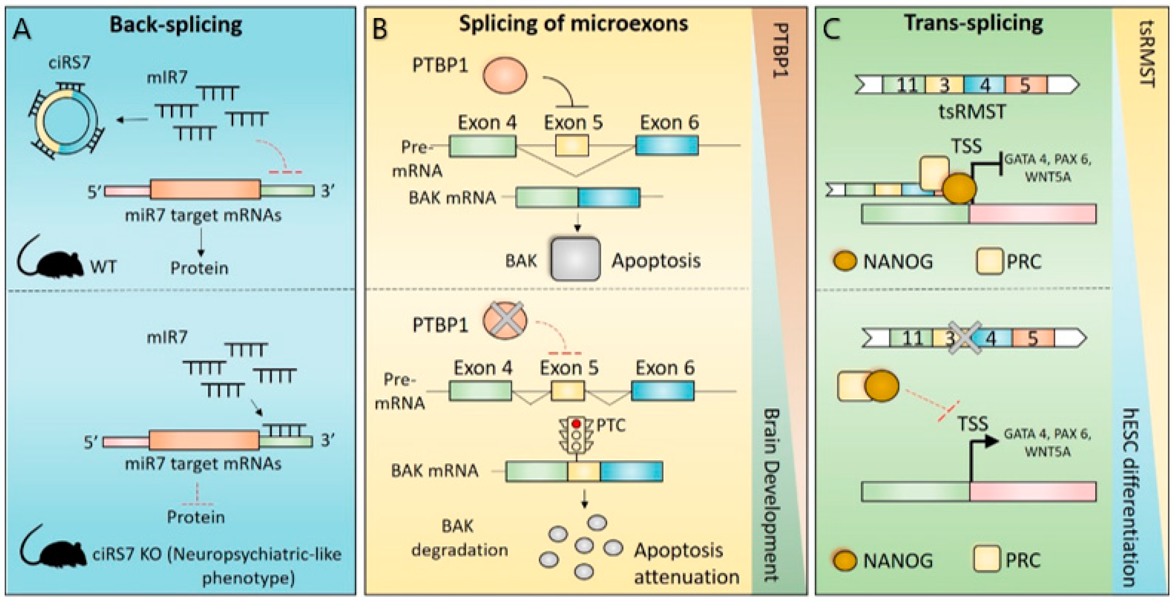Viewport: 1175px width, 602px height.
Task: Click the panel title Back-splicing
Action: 176,25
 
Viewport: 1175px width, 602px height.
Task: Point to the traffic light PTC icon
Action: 576,435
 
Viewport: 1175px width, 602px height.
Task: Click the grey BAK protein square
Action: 575,259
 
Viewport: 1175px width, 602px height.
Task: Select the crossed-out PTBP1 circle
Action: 505,321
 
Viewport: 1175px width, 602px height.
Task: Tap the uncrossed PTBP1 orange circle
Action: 505,75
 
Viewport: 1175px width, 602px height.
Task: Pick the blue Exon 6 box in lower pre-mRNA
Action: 663,391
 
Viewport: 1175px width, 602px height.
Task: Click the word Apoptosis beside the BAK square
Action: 656,261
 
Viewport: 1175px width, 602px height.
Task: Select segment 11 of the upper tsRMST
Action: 905,85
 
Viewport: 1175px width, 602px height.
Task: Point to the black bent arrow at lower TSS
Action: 981,449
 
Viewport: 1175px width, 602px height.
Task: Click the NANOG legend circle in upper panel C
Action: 845,261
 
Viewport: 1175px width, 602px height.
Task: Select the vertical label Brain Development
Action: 771,495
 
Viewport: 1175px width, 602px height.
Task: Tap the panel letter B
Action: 380,29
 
